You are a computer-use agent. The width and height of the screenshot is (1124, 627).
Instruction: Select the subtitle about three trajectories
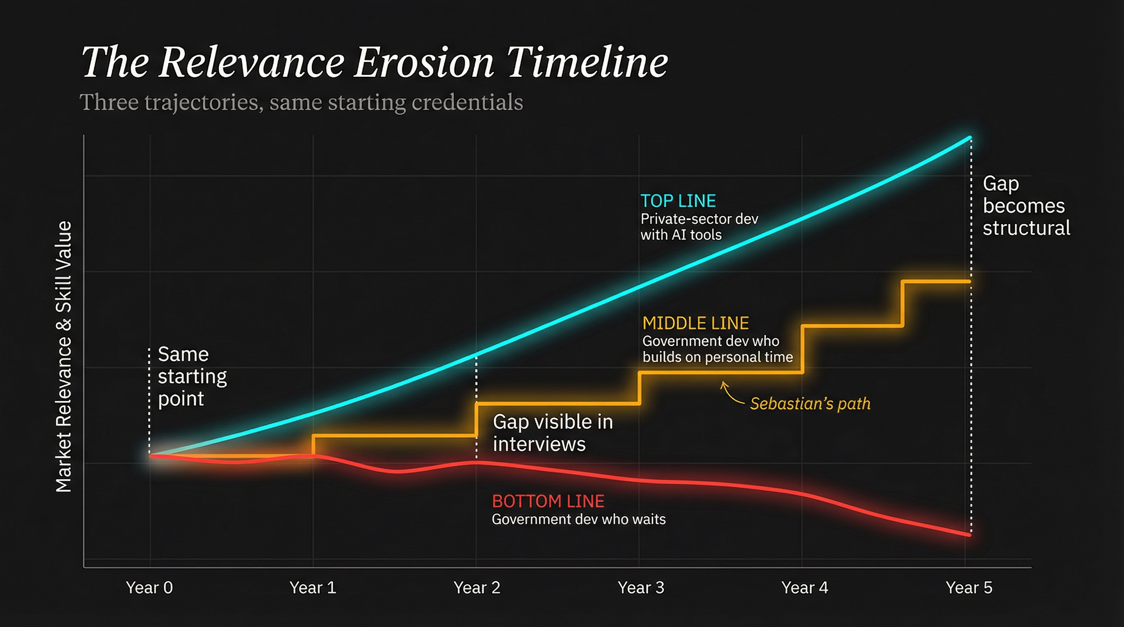pos(301,102)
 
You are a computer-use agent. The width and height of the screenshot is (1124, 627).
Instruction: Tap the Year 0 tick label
pos(149,588)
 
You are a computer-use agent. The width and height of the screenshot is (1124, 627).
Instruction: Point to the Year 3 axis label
pos(640,588)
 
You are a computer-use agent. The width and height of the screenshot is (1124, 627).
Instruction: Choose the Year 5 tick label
pos(969,588)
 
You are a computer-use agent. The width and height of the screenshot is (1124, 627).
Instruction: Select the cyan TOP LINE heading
pos(678,201)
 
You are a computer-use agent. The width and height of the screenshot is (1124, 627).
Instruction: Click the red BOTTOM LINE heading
pos(548,501)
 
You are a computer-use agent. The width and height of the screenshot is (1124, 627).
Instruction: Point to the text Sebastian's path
pos(810,404)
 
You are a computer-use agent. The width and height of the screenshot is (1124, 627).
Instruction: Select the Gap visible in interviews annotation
pos(552,433)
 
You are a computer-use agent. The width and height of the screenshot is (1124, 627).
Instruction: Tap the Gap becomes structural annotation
pos(1026,206)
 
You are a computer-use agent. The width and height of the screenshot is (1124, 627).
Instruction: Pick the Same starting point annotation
pos(192,376)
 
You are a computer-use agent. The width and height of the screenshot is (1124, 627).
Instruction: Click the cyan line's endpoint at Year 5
pos(970,138)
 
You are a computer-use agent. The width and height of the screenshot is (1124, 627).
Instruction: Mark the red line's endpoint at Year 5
pos(970,535)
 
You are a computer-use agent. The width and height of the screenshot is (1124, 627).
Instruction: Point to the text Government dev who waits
pos(579,519)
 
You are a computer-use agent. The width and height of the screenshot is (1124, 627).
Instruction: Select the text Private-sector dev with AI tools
pos(699,227)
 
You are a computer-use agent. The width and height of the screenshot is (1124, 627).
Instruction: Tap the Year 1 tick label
pos(312,588)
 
